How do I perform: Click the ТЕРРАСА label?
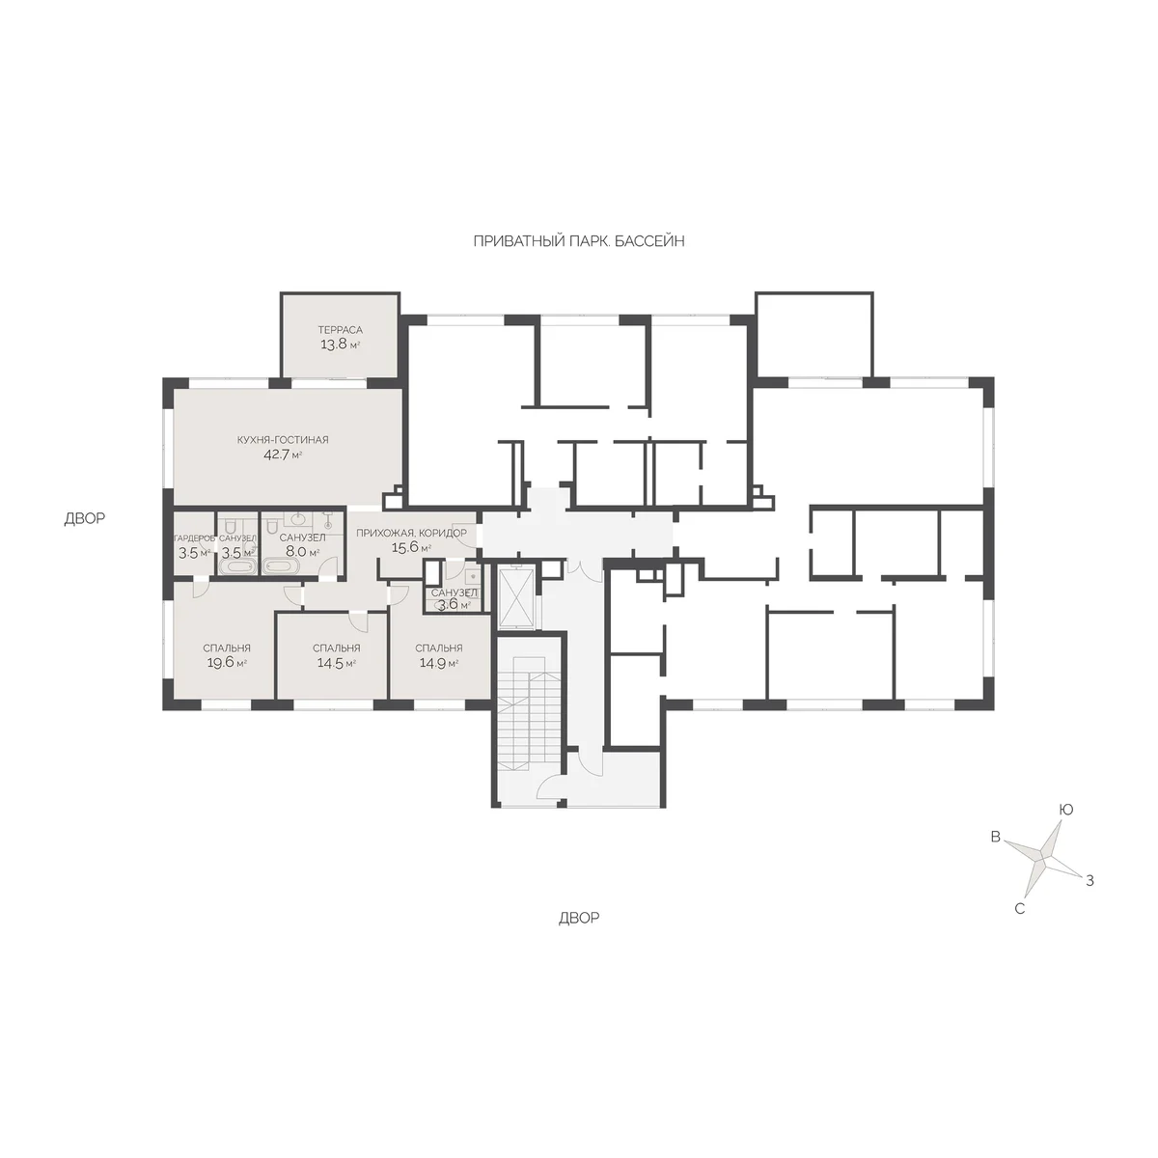pos(340,330)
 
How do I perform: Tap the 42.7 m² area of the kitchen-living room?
pos(283,455)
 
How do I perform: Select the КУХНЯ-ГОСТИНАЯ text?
pos(283,440)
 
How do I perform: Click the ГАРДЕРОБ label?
pos(194,538)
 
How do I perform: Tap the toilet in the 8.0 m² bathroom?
pos(271,528)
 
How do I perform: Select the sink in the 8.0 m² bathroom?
pos(298,519)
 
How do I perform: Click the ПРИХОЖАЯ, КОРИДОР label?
pos(411,533)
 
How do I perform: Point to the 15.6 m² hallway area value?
pos(411,547)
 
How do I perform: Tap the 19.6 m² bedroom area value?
pos(226,663)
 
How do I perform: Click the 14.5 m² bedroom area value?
pos(336,663)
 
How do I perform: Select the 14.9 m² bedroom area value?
pos(439,663)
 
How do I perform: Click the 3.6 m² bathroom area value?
pos(454,605)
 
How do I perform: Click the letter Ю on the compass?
pos(1065,810)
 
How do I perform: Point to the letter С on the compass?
pos(1019,909)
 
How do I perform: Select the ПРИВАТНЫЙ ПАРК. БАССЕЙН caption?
pos(579,241)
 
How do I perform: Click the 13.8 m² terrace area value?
pos(340,345)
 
